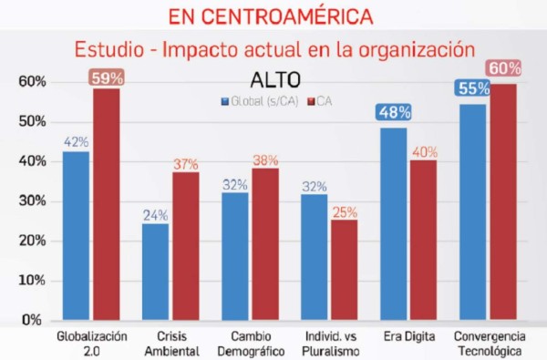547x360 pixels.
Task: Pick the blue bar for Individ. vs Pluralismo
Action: coord(315,257)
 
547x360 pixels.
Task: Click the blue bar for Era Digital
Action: coord(394,224)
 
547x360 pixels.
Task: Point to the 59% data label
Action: coord(107,77)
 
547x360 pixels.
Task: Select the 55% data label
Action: coord(472,88)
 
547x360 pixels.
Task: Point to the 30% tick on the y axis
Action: coord(31,201)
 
